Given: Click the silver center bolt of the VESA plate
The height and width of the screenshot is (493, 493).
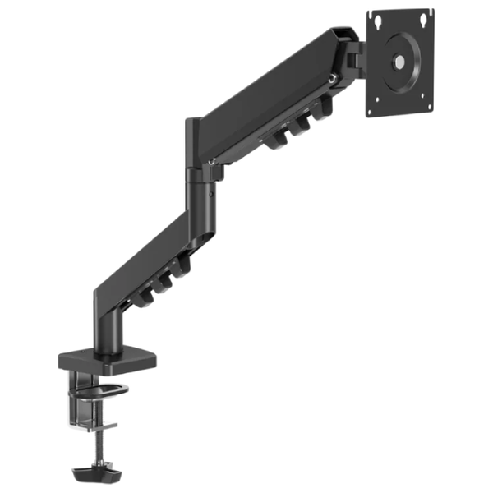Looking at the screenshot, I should [x=399, y=60].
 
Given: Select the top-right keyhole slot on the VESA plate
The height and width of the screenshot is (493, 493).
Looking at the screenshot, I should [x=424, y=14].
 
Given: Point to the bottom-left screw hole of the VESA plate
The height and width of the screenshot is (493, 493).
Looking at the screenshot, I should [x=376, y=104].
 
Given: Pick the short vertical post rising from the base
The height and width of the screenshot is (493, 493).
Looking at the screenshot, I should [x=108, y=333].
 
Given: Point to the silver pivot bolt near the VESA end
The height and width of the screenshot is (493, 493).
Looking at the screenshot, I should [x=332, y=80].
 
